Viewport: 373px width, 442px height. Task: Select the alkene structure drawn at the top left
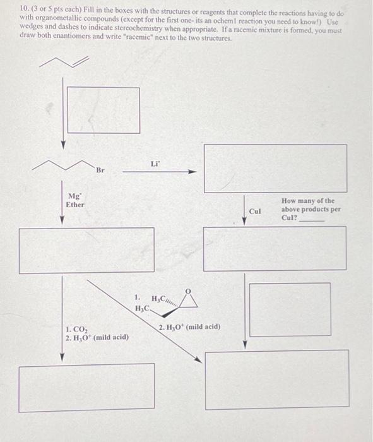[x=63, y=61]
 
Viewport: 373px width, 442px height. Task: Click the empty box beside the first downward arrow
[x=104, y=109]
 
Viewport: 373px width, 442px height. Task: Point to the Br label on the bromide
[x=101, y=170]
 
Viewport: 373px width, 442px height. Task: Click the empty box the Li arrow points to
[x=275, y=168]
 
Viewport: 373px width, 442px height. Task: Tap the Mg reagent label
[x=74, y=196]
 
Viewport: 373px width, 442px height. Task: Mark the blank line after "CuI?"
[x=311, y=220]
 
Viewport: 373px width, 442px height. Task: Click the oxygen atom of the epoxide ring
[x=186, y=292]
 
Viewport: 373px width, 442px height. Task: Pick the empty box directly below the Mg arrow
[x=86, y=250]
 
